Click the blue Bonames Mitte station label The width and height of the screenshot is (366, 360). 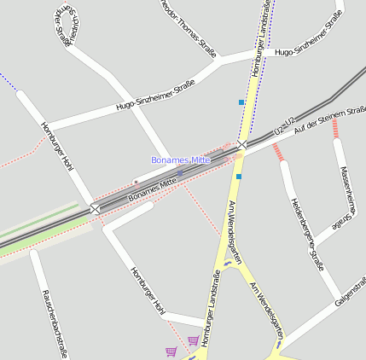click(180, 160)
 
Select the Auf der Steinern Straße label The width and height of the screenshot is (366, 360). click(329, 119)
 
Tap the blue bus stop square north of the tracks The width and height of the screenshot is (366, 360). click(241, 102)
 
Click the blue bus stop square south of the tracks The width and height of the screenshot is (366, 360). click(238, 177)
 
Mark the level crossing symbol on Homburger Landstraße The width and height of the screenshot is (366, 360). click(241, 146)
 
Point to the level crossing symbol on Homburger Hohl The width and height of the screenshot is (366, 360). click(95, 208)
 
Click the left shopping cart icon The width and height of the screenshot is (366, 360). click(171, 351)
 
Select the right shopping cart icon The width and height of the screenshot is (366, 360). click(193, 340)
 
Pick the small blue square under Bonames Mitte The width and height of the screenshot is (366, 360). click(179, 173)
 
